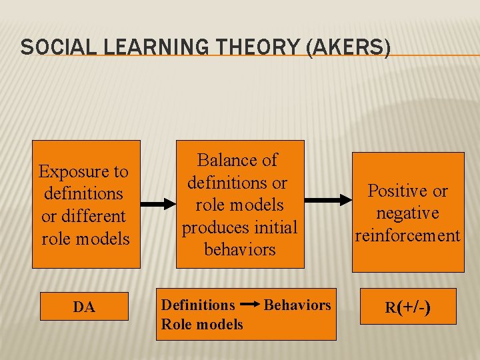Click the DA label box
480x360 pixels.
(84, 307)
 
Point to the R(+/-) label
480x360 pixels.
(407, 307)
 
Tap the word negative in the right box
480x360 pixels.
(407, 213)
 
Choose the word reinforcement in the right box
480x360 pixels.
(407, 235)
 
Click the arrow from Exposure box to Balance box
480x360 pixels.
(157, 203)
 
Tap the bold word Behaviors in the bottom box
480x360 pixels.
(297, 305)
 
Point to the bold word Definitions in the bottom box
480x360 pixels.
(198, 305)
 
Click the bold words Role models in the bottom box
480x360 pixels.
(202, 325)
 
